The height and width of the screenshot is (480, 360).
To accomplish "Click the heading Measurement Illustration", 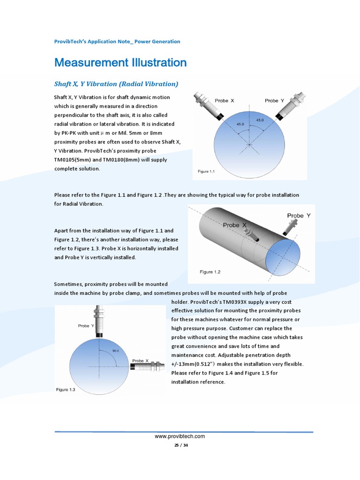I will point(120,63).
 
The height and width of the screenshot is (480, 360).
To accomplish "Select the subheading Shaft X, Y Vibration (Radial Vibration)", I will point(116,84).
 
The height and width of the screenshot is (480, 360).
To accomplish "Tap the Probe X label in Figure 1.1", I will point(224,101).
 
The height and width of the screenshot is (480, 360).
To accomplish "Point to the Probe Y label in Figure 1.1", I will point(274,101).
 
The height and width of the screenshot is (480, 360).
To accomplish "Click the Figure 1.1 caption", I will point(206,172).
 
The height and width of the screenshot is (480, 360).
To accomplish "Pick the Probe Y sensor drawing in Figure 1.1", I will point(292,107).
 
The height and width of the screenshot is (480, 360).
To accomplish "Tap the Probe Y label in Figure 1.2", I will point(299,216).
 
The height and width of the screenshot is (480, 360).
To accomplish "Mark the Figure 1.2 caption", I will point(210,272).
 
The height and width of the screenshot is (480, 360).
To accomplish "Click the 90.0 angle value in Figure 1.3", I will point(115,350).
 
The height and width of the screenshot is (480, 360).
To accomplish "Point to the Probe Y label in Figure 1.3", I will point(86,326).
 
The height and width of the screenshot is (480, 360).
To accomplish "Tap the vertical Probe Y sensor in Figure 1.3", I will point(99,321).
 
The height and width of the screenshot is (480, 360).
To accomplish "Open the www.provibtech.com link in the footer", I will point(180,436).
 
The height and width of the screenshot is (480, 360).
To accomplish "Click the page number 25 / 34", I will point(180,445).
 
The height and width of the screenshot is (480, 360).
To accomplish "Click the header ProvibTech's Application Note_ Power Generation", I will point(117,42).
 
